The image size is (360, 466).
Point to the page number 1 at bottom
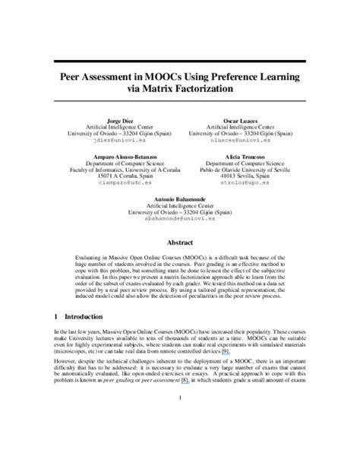(x=179, y=440)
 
